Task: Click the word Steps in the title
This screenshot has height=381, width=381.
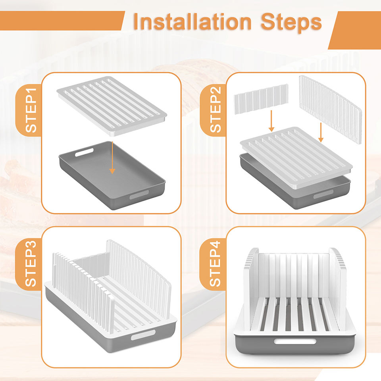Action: (x=291, y=23)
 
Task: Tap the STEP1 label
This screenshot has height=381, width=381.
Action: (x=31, y=111)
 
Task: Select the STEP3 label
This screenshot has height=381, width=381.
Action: (x=31, y=264)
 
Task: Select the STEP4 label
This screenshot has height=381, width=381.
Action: (x=215, y=264)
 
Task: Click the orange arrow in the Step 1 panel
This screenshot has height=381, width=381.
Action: (x=112, y=158)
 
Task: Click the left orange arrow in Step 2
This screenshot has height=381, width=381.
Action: (x=271, y=121)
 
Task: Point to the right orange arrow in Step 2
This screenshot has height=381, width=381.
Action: (x=321, y=133)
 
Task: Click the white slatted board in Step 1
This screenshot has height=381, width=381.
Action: (x=112, y=106)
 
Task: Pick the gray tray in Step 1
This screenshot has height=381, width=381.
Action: (x=112, y=175)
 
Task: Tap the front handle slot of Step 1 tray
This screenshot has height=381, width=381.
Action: (x=139, y=194)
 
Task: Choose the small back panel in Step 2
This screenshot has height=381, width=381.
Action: (x=261, y=99)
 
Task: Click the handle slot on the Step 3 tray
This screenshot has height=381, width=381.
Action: (x=143, y=335)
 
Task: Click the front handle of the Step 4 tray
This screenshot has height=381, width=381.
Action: (x=295, y=341)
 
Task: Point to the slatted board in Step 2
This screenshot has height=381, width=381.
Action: (x=296, y=158)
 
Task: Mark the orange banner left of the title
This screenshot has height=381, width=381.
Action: (x=62, y=21)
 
